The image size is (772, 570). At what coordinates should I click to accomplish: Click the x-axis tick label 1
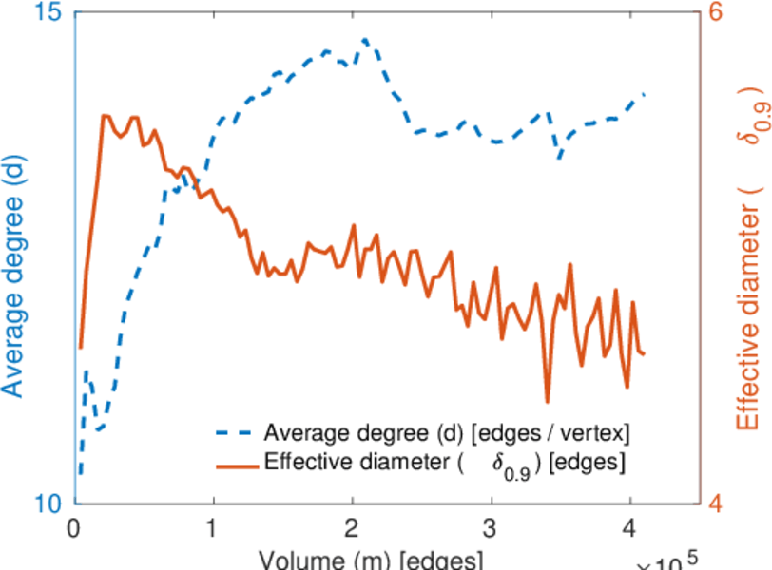[x=213, y=527]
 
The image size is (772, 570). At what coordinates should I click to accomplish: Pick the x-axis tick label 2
[x=353, y=527]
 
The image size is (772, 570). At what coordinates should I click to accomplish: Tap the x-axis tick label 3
[x=492, y=527]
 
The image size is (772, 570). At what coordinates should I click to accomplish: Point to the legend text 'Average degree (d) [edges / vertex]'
[x=447, y=434]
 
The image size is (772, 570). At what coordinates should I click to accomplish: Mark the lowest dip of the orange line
[x=548, y=401]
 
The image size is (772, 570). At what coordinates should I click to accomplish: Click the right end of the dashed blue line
[x=645, y=94]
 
